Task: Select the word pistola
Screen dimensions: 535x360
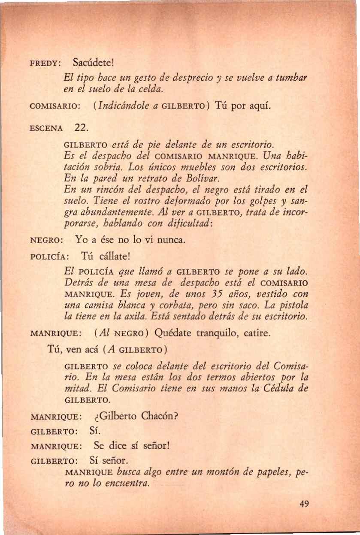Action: pos(292,306)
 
